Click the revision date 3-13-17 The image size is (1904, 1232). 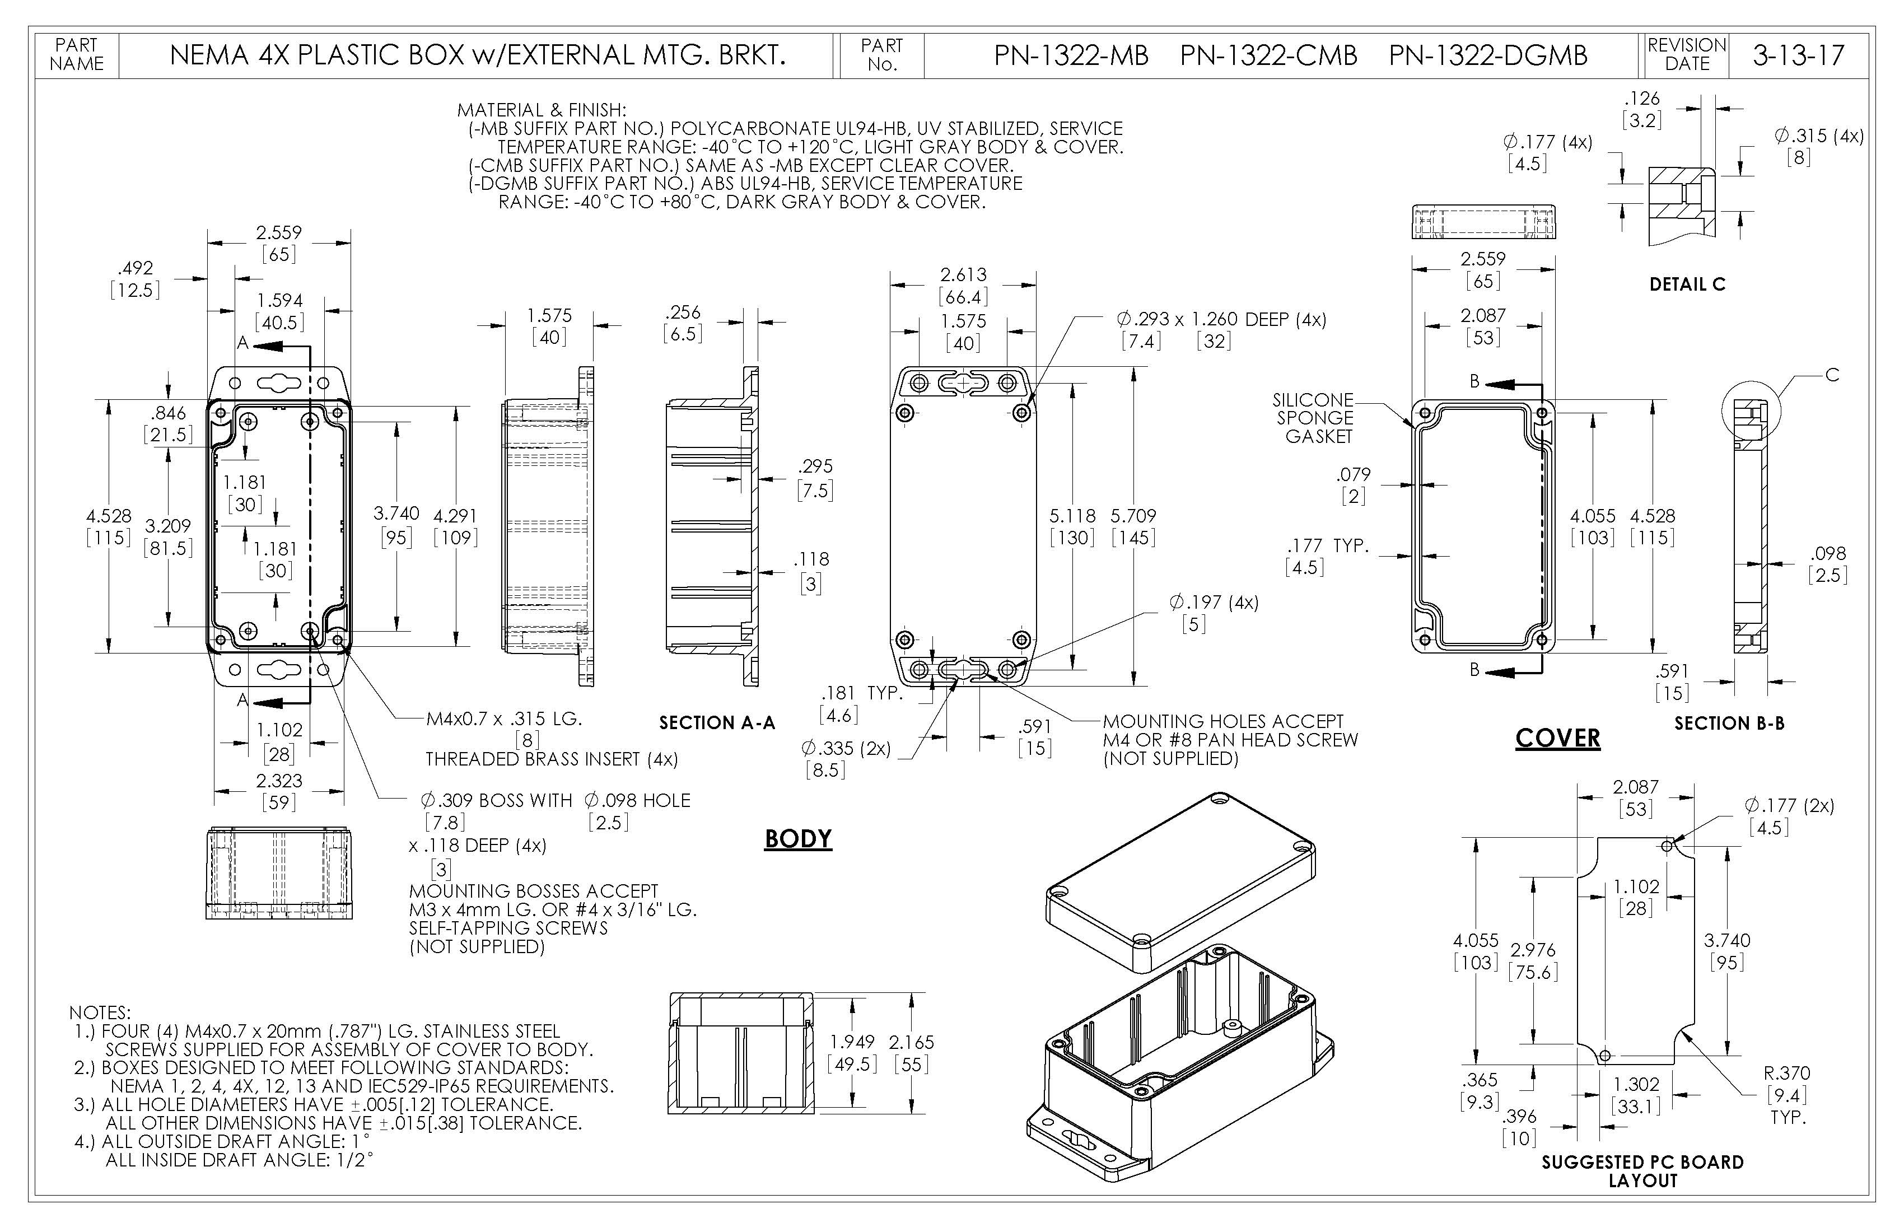point(1798,55)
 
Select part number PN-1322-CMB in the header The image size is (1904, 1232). point(1268,55)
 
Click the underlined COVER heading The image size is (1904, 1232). point(1557,738)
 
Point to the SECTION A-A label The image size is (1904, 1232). point(717,723)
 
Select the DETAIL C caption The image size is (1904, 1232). point(1686,284)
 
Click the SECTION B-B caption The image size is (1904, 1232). point(1729,723)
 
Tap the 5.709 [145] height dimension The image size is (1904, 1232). point(1133,526)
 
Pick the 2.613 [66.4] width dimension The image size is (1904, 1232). point(963,286)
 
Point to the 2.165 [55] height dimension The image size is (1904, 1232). point(911,1053)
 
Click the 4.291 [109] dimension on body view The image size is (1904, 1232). point(455,526)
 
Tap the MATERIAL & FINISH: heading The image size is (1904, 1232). point(542,110)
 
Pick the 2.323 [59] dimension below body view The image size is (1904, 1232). point(279,790)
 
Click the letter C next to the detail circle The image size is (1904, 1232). point(1831,375)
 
